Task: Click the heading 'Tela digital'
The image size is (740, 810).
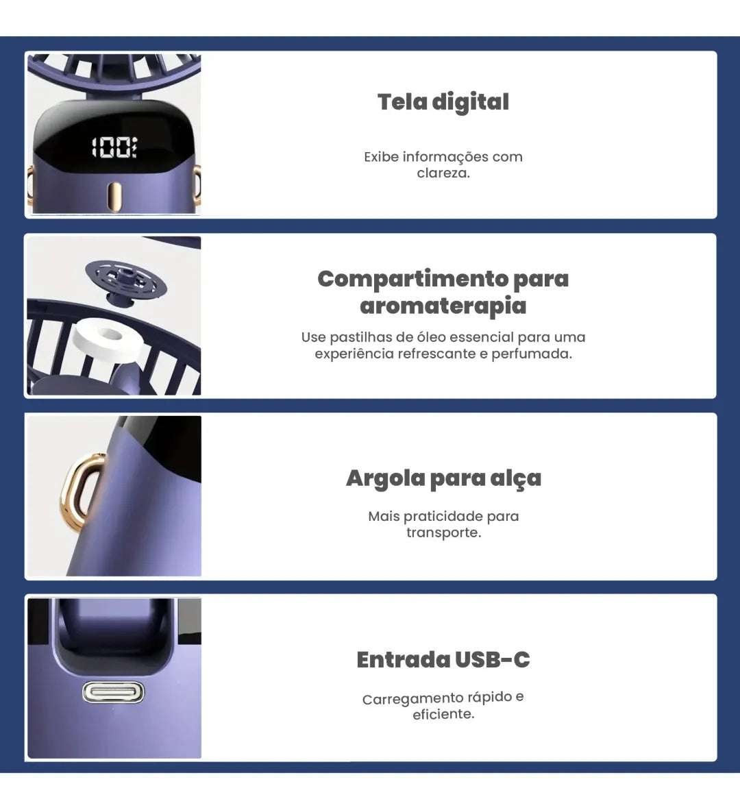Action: click(443, 102)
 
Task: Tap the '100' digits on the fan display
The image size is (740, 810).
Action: click(114, 147)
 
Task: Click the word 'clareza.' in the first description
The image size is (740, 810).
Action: click(443, 173)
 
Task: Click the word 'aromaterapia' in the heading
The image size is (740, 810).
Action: click(443, 306)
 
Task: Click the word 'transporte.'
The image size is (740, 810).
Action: click(443, 533)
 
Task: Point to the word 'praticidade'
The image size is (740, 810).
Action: click(443, 517)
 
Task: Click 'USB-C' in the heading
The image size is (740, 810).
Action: click(492, 660)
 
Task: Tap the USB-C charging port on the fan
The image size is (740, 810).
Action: click(114, 692)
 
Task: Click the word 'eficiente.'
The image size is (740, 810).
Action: click(443, 715)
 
